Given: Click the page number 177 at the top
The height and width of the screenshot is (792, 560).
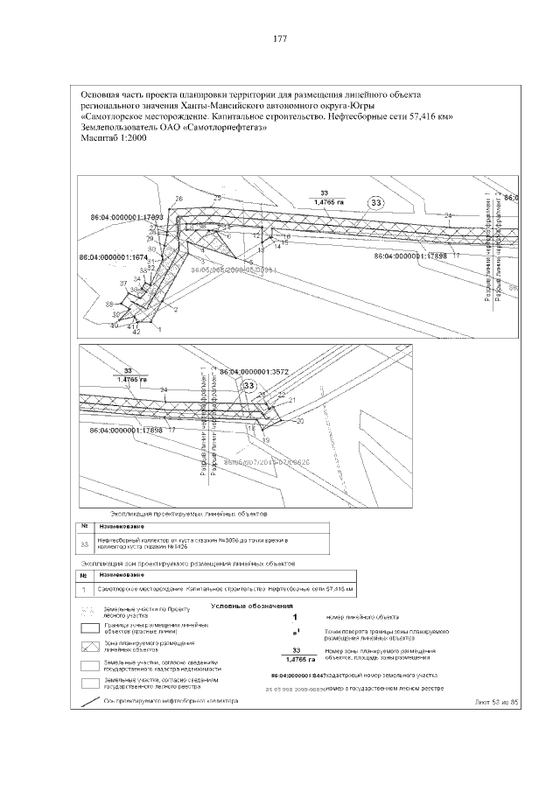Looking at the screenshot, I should click(x=280, y=39).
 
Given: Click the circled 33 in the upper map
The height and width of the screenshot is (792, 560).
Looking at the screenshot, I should click(x=376, y=204).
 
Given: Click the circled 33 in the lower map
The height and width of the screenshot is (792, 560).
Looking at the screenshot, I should click(x=249, y=386).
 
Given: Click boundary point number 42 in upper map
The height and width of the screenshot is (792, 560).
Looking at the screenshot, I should click(x=136, y=333).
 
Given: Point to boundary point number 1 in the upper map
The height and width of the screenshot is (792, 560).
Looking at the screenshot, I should click(x=158, y=329).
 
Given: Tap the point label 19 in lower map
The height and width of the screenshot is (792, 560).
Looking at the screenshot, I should click(x=265, y=440).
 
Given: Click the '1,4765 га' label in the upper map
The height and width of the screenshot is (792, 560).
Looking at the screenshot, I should click(x=325, y=202).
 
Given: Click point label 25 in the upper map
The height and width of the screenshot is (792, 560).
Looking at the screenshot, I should click(x=217, y=199).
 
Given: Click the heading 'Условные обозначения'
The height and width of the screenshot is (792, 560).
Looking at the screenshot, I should click(x=253, y=606).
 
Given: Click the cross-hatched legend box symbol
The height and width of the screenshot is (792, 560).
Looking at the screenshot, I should click(x=88, y=647).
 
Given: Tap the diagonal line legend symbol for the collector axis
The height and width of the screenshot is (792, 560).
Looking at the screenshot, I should click(x=88, y=700).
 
